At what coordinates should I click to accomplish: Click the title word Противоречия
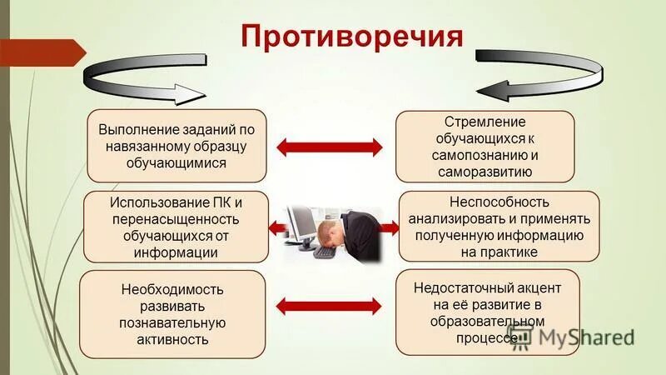[x=350, y=37]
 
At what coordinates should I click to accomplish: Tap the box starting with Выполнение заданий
[x=176, y=146]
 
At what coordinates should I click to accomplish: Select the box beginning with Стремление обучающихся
[x=485, y=146]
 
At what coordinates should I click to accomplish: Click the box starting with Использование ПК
[x=176, y=226]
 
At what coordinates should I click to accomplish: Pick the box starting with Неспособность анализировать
[x=499, y=226]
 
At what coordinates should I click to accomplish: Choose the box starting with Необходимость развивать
[x=172, y=313]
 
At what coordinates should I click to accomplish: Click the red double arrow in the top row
[x=329, y=147]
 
